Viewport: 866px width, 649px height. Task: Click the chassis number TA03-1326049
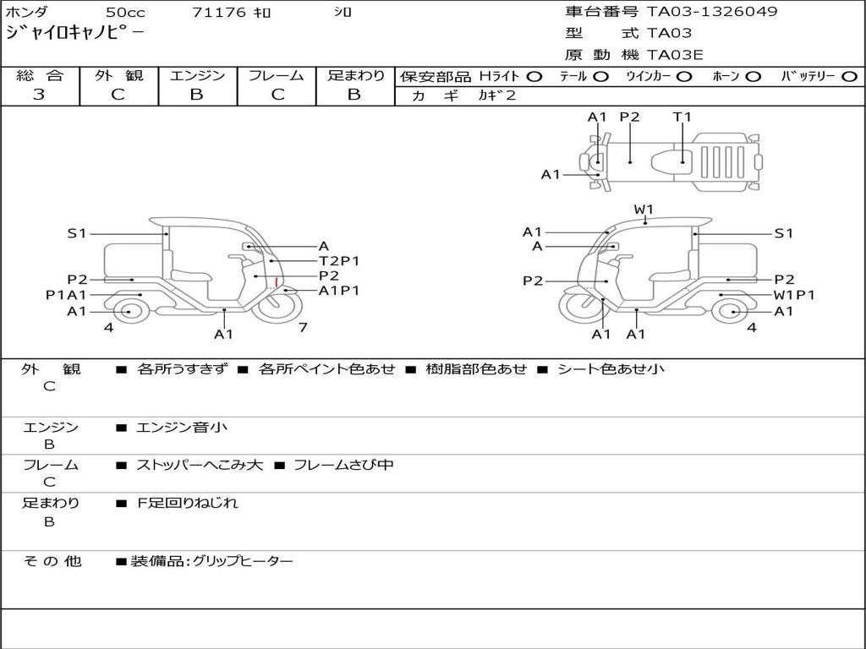712,12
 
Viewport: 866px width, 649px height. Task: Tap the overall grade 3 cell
39,95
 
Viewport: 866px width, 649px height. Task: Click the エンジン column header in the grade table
197,76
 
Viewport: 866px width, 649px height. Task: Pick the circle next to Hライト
534,77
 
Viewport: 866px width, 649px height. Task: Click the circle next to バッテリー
849,77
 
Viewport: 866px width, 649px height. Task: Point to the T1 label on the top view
682,117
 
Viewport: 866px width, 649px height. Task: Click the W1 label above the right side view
644,210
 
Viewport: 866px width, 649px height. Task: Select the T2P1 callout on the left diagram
339,260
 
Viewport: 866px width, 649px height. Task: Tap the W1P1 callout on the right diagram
794,295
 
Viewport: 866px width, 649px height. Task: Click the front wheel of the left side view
279,308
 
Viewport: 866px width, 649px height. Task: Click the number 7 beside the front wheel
302,328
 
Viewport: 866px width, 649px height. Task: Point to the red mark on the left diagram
277,282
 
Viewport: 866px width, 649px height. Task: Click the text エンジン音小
182,428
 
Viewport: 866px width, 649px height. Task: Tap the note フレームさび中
343,465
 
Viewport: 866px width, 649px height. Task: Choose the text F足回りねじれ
188,503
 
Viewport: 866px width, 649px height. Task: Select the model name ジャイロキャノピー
75,34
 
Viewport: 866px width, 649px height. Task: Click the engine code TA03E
675,56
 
